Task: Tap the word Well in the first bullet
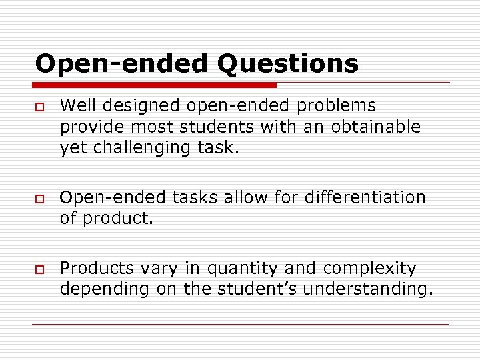[x=74, y=105]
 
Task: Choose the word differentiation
[x=365, y=197]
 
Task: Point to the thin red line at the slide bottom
[x=240, y=324]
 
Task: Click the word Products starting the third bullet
[x=97, y=269]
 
